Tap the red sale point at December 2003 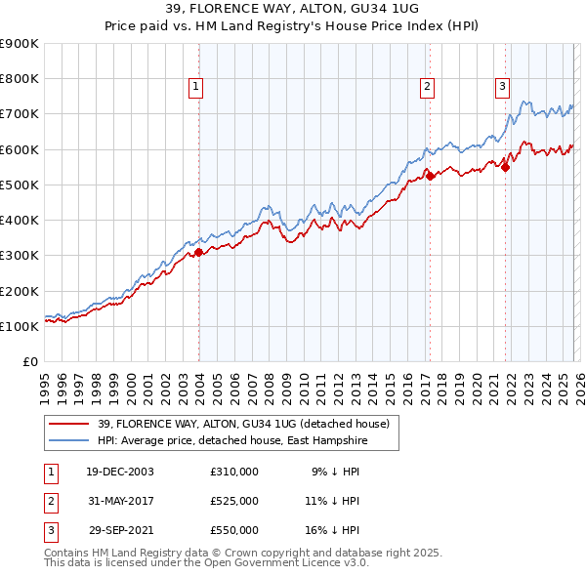[198, 252]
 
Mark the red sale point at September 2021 [505, 167]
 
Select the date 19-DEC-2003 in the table [119, 471]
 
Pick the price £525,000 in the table [234, 501]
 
